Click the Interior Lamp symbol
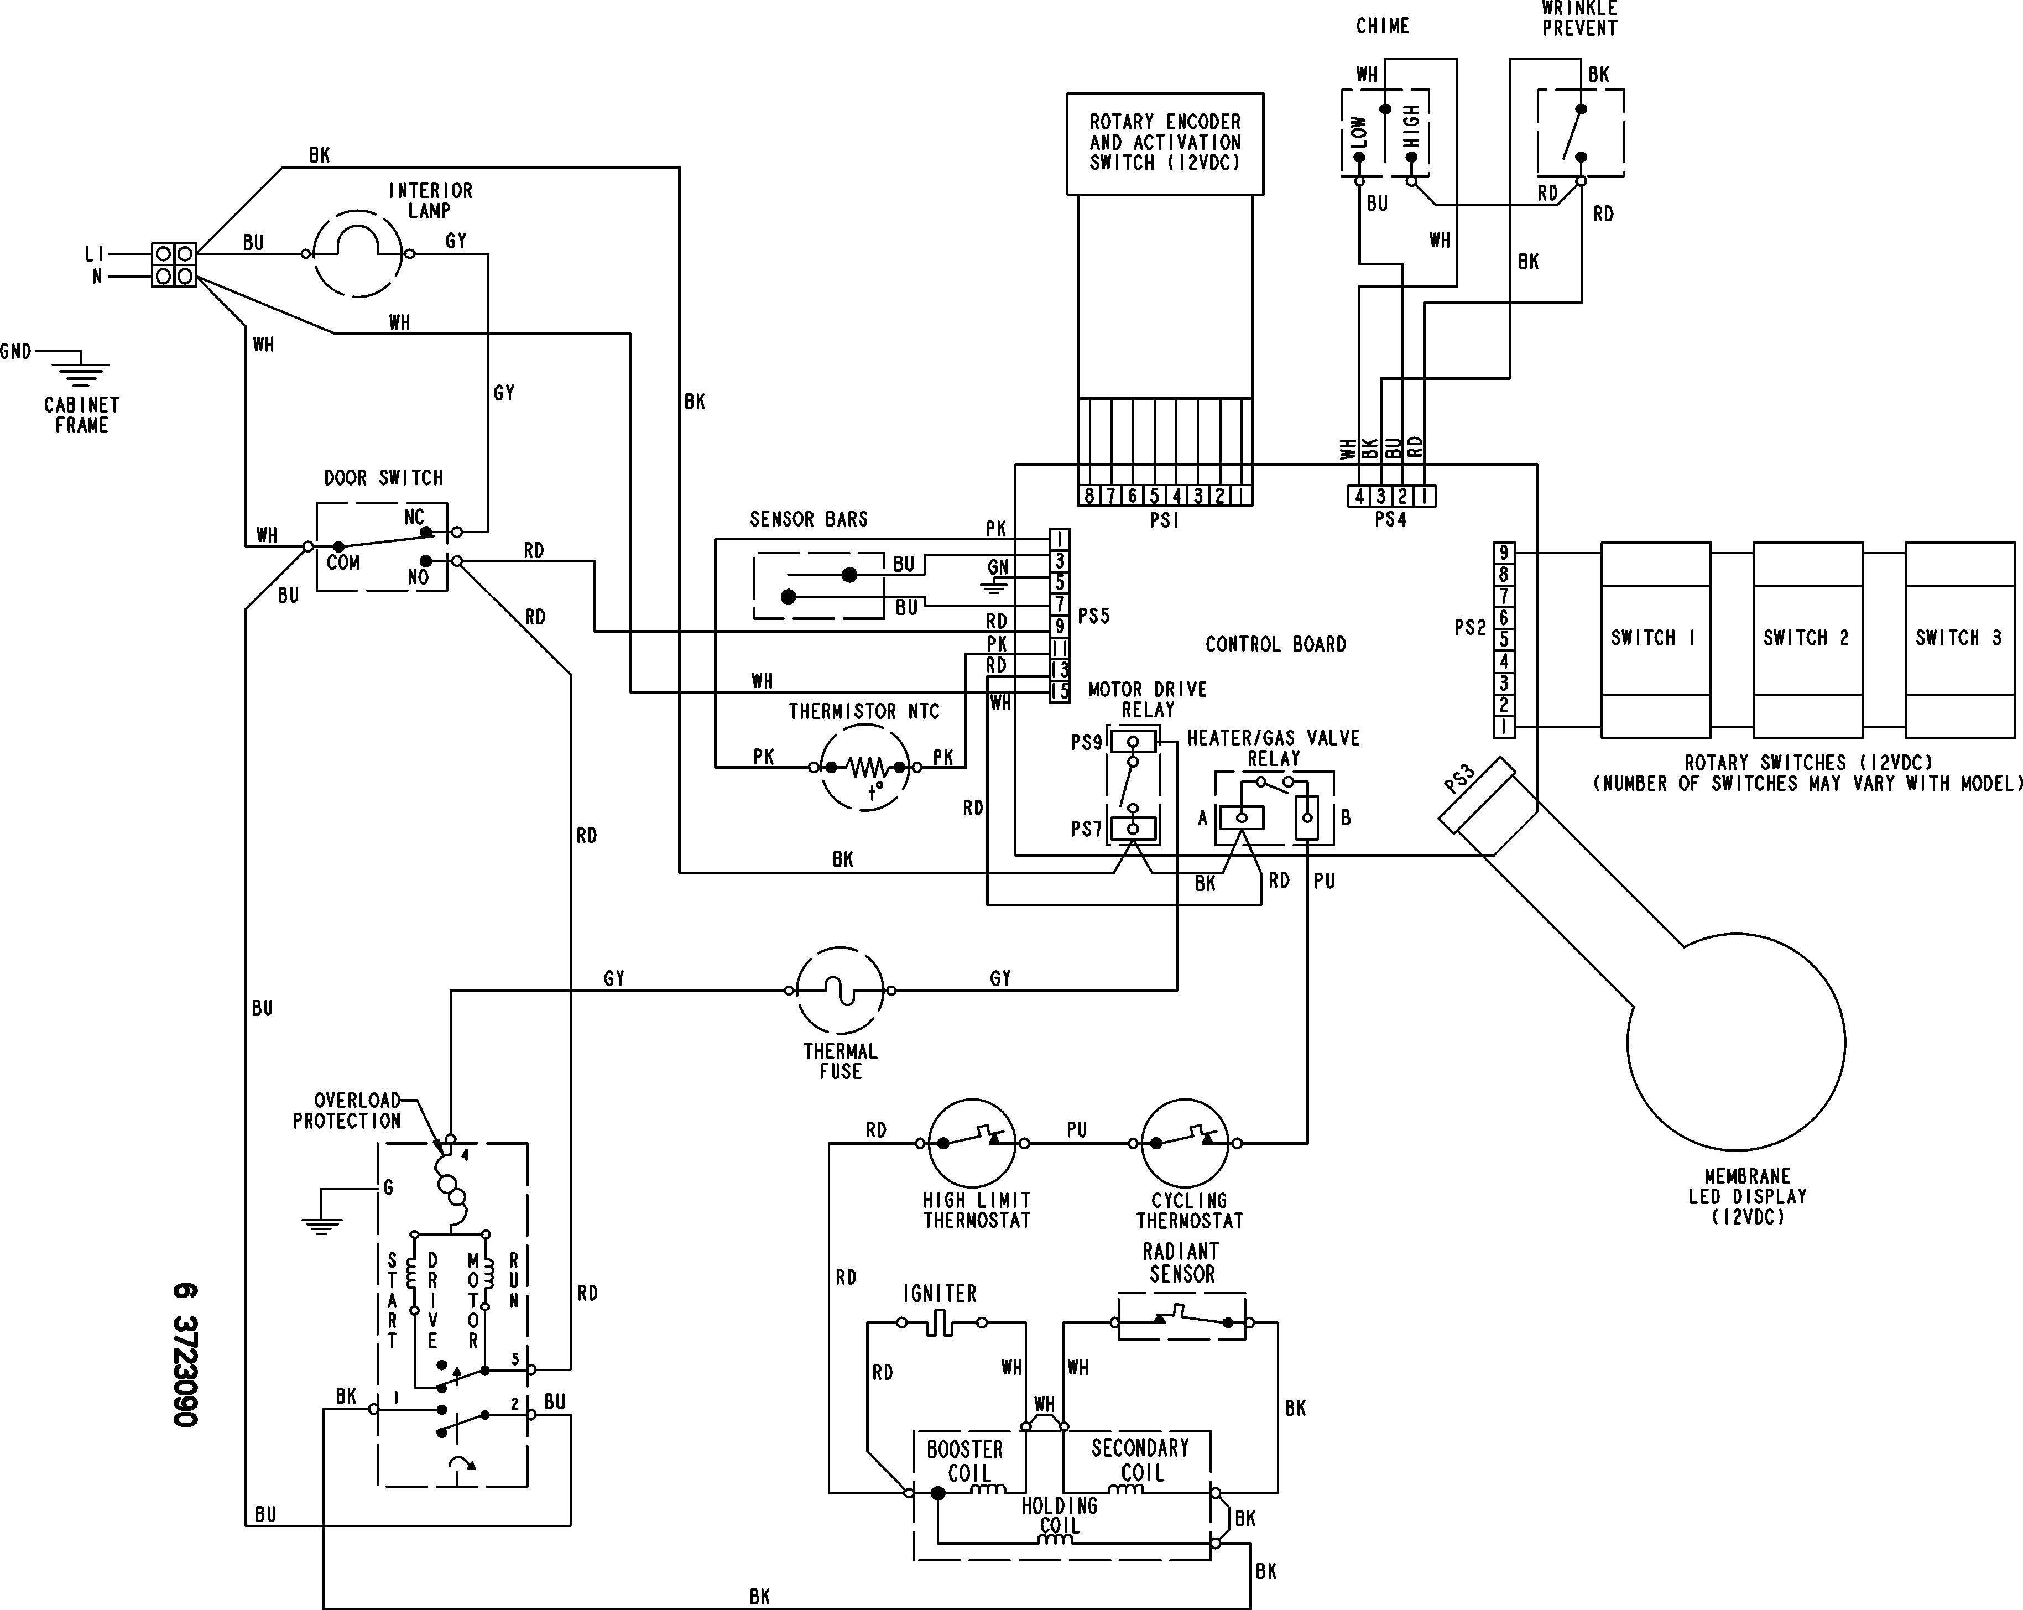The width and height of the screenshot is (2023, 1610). pos(357,253)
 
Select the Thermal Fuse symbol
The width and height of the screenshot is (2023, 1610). pos(840,990)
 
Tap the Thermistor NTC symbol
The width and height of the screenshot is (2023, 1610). pos(865,768)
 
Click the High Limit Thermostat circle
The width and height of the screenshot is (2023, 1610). pos(972,1143)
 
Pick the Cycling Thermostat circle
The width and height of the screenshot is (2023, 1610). pos(1185,1143)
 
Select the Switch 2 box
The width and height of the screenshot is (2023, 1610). pos(1807,638)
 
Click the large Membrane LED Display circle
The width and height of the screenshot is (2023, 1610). pos(1736,1041)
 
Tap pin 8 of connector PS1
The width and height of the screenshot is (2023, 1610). pos(1088,496)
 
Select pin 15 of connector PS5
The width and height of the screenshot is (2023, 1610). pos(1060,692)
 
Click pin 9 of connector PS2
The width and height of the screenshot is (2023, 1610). pos(1503,553)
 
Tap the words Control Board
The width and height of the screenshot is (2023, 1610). pos(1275,644)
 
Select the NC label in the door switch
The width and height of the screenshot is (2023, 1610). pos(414,518)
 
